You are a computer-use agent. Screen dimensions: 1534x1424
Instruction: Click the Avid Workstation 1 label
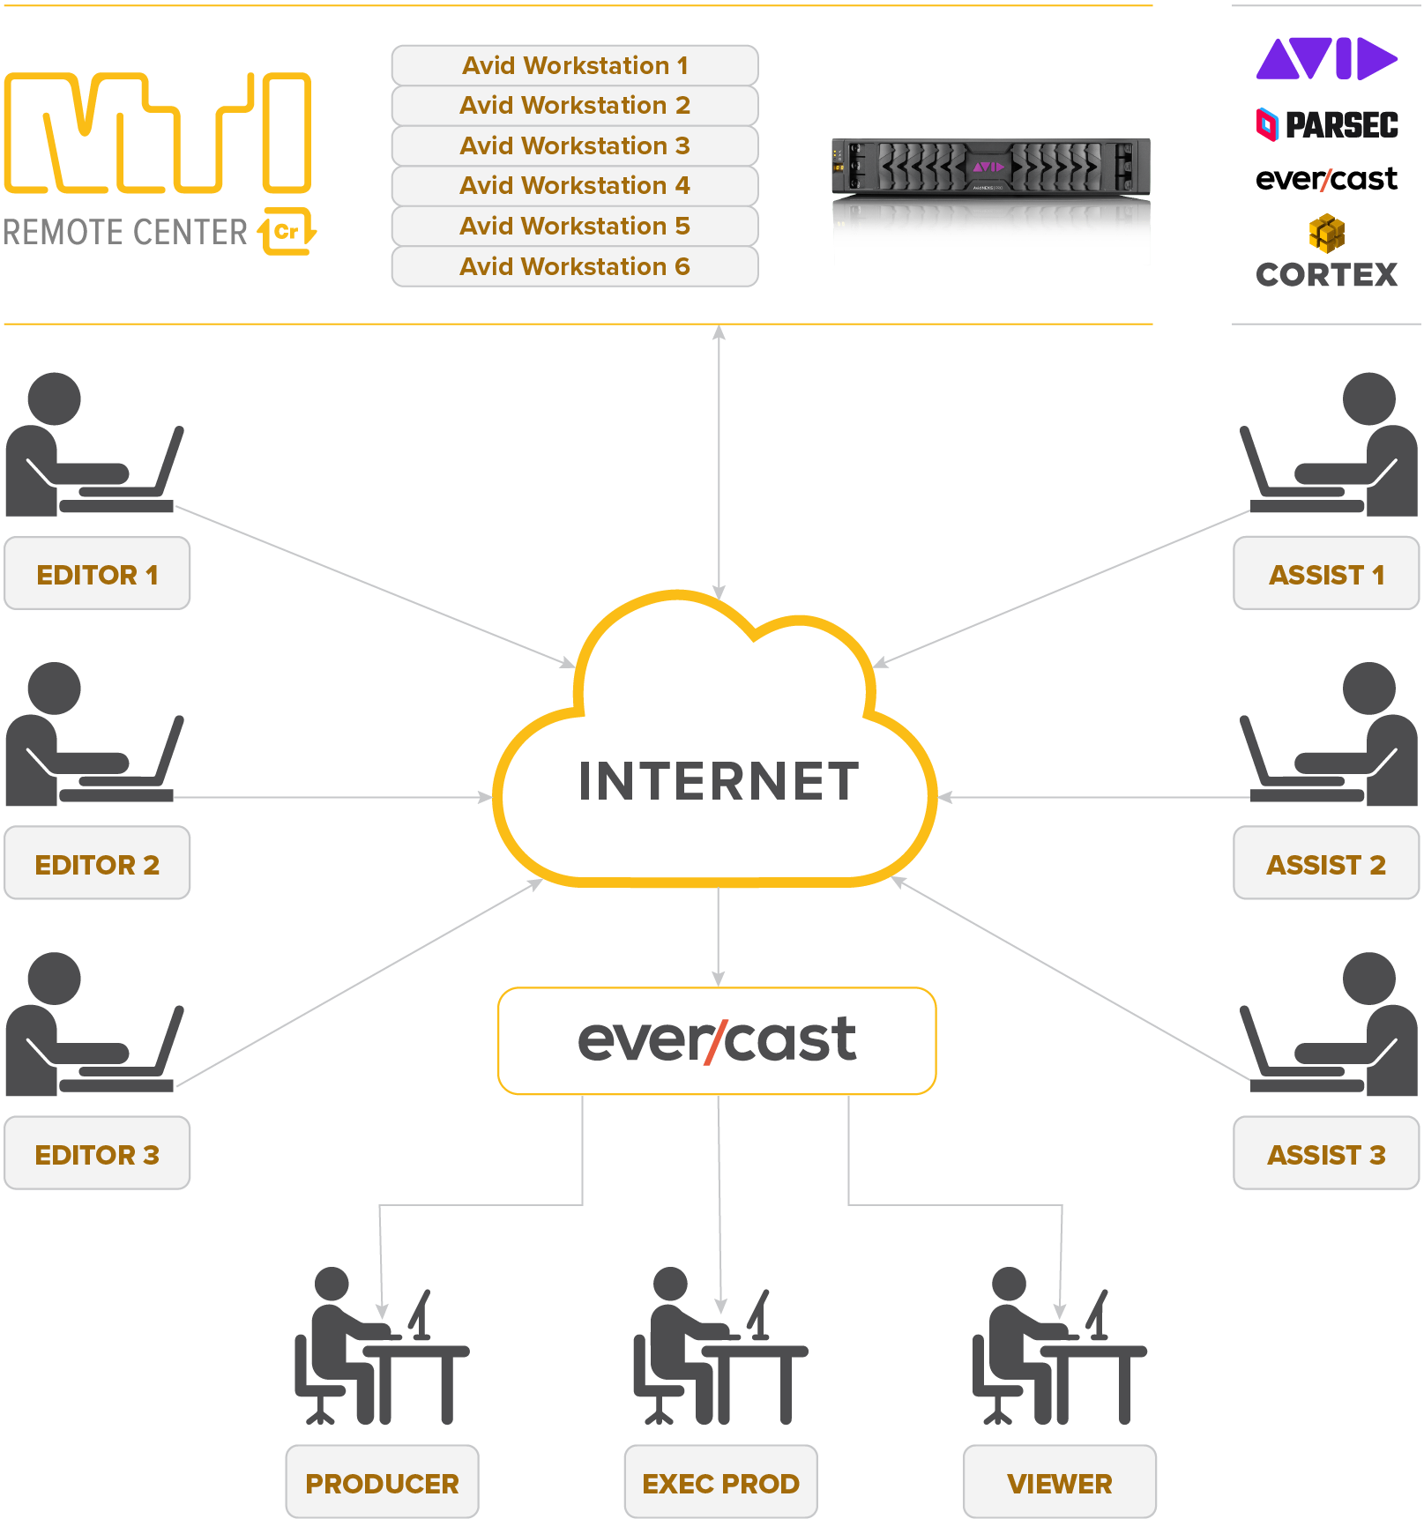point(575,66)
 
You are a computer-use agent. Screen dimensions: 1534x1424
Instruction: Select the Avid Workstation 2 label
point(575,106)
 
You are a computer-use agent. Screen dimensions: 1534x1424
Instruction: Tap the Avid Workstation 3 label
point(575,146)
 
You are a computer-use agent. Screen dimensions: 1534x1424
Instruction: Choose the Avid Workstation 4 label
point(575,186)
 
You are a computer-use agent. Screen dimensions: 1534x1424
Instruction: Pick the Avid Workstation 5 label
point(575,227)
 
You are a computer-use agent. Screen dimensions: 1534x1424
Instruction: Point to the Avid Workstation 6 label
point(575,266)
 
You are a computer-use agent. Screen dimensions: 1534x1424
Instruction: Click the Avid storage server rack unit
point(990,167)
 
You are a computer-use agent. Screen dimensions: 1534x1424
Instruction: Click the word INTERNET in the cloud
point(719,781)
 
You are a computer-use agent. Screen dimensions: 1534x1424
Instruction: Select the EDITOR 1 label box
point(97,575)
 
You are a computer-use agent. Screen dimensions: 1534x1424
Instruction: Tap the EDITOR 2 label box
point(97,865)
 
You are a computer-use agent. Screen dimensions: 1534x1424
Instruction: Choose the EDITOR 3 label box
point(97,1155)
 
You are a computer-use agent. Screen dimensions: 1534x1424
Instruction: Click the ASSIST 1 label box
point(1326,575)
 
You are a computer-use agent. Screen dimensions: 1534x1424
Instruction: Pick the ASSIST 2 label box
point(1326,865)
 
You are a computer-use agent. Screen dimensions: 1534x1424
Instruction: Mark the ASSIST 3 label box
point(1326,1155)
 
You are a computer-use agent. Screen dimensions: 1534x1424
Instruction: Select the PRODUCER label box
point(382,1484)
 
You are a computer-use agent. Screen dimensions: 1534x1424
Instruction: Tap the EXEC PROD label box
point(720,1484)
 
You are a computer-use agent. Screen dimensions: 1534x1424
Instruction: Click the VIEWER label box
point(1059,1484)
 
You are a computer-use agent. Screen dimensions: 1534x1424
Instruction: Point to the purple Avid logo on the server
point(988,167)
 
